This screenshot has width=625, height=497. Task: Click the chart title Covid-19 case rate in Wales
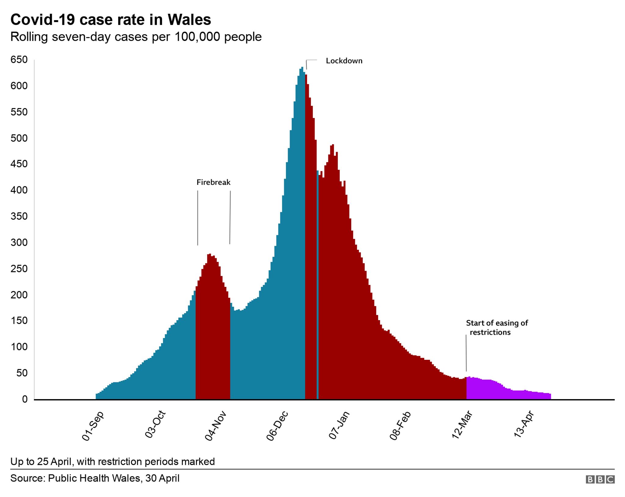pos(110,20)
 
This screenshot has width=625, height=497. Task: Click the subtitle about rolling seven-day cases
pos(136,37)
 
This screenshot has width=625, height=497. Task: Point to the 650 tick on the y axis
pos(19,60)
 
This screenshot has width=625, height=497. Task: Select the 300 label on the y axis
pos(19,243)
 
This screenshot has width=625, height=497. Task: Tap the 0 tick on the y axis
pos(25,399)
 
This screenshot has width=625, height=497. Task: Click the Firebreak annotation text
pos(213,182)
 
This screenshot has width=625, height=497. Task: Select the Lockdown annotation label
pos(344,61)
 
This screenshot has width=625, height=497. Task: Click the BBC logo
pos(600,479)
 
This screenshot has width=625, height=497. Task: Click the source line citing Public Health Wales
pos(95,478)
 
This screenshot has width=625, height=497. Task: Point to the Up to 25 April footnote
pos(112,462)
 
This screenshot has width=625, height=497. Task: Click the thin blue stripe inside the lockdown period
pos(318,305)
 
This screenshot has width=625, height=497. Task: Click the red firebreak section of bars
pos(213,335)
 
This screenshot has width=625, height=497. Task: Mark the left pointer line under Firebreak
pos(197,218)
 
